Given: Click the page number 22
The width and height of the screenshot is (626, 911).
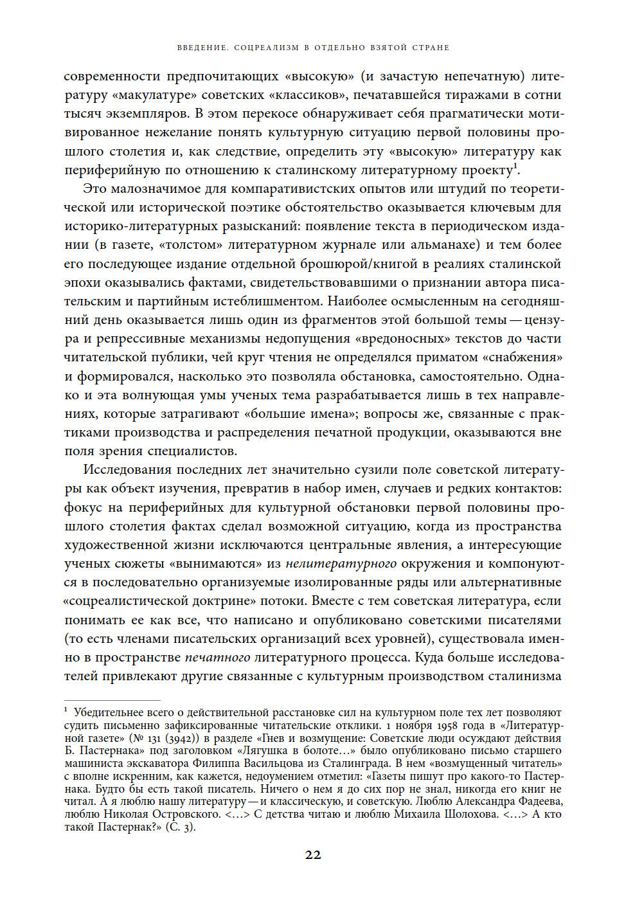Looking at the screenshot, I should point(313,854).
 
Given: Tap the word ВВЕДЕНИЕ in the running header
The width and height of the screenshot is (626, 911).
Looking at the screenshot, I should point(202,48).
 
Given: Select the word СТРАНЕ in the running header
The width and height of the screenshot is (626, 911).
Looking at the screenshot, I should point(431,48).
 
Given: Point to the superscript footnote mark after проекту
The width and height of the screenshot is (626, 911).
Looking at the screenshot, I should point(516,167).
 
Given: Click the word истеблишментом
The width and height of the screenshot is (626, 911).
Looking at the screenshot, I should point(271,302).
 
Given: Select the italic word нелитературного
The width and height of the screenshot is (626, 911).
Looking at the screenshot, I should point(341,564).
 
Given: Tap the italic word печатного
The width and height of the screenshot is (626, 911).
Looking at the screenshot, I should point(217,658).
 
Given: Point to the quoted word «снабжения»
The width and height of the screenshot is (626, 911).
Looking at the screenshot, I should point(522,357).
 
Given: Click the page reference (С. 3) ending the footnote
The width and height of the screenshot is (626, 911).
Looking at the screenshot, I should point(180,827).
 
